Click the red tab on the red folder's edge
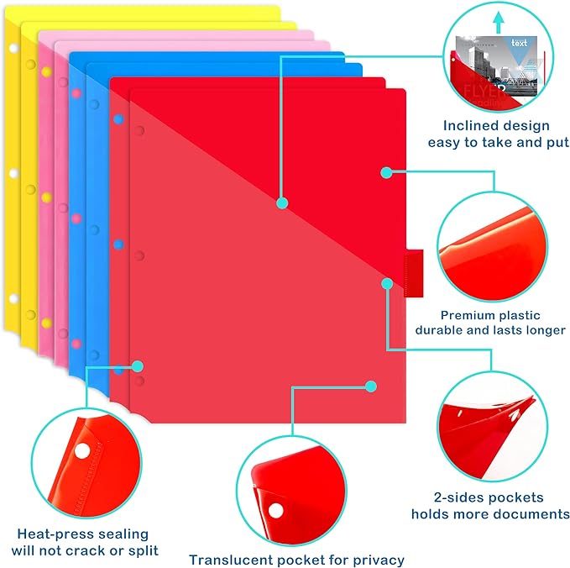tap(414, 272)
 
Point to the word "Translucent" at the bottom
tap(231, 559)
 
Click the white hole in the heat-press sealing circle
tap(81, 453)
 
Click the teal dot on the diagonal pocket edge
tap(283, 202)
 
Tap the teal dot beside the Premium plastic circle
tap(386, 172)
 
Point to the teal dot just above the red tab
tap(386, 283)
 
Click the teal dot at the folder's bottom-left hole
tap(139, 366)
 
